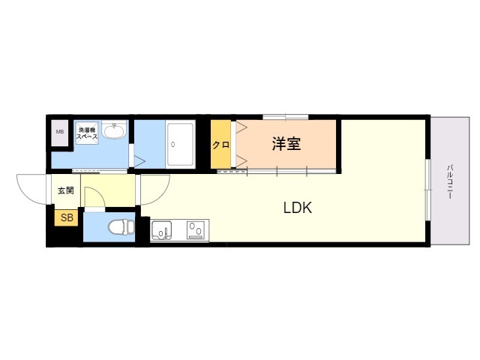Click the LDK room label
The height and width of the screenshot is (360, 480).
(298, 208)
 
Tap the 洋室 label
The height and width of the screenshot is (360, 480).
(286, 144)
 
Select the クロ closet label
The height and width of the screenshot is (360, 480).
(220, 145)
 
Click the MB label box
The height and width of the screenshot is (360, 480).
(60, 132)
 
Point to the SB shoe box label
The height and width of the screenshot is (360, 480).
(67, 217)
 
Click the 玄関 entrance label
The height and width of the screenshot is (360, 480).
(66, 190)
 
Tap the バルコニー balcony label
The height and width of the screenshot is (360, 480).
(450, 182)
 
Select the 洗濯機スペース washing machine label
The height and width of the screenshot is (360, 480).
(87, 133)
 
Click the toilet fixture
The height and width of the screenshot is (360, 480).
(121, 227)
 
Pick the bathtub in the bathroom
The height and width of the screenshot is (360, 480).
(181, 144)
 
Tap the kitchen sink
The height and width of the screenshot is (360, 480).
(162, 230)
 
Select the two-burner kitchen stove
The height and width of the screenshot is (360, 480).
(196, 230)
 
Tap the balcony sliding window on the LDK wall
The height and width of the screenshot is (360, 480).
(428, 190)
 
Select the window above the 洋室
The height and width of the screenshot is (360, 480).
(286, 117)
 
